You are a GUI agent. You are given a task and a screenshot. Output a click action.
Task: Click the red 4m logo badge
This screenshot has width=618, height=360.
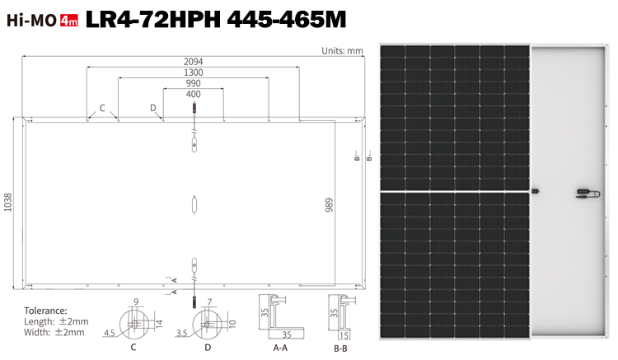click(69, 21)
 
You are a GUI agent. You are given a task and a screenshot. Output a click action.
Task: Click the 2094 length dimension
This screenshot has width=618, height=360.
click(193, 62)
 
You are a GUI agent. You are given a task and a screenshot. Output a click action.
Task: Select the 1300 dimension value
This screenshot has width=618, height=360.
click(193, 72)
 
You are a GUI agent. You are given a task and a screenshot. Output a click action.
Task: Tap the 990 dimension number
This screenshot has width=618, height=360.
click(193, 83)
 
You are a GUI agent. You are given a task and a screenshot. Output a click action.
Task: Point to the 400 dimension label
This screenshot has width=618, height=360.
click(193, 94)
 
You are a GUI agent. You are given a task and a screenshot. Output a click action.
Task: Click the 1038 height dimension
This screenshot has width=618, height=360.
click(8, 202)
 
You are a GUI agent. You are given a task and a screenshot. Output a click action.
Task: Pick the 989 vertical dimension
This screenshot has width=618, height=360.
click(329, 205)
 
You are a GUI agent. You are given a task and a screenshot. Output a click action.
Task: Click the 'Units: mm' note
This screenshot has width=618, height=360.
click(342, 51)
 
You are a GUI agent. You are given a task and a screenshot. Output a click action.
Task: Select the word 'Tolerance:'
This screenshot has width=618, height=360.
click(45, 311)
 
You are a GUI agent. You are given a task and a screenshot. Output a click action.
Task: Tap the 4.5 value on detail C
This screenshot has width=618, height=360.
click(109, 333)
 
